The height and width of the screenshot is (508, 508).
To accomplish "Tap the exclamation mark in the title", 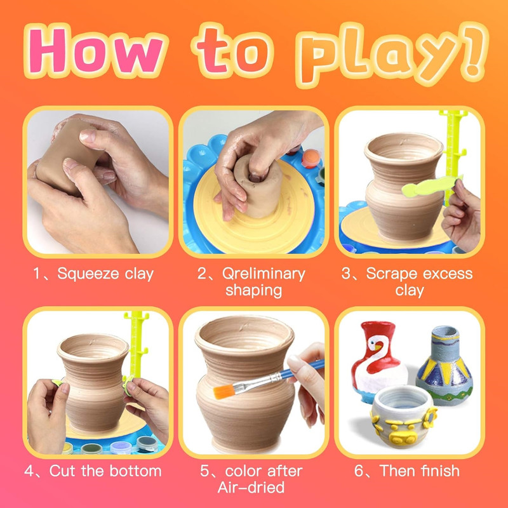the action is point(475,52).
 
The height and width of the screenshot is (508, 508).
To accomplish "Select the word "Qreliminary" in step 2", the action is point(264,274).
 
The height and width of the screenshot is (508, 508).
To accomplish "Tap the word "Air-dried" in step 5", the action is point(251,487).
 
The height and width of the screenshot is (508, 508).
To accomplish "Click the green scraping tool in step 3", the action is point(431,186).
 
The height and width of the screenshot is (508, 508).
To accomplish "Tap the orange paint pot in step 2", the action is point(311,159).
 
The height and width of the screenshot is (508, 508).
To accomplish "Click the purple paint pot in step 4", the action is point(121,447).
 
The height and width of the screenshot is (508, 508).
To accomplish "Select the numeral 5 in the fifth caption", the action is point(204,471).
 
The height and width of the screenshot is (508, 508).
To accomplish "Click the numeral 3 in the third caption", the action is point(346,274).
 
